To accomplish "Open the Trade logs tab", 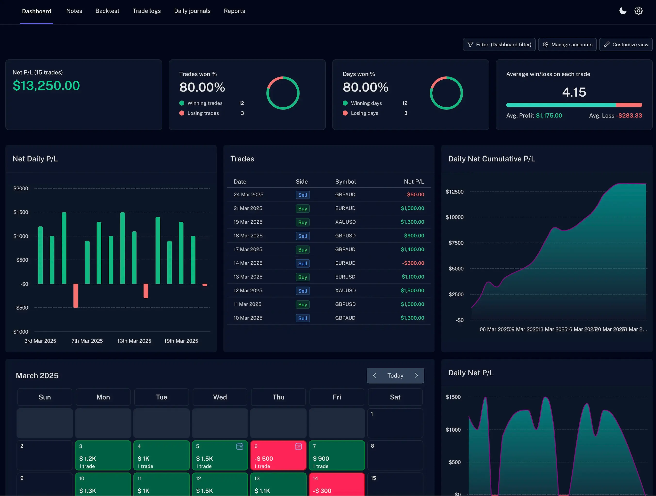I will click(x=146, y=11).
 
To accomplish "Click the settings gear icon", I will click(x=638, y=11).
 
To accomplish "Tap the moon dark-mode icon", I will click(x=623, y=11).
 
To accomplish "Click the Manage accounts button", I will click(x=567, y=44).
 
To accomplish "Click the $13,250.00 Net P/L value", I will click(x=46, y=86).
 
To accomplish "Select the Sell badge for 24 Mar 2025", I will click(x=302, y=195).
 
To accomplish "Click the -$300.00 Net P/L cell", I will click(x=413, y=263).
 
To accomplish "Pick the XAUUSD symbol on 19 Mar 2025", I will click(x=345, y=222).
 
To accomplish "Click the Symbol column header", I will click(x=345, y=182).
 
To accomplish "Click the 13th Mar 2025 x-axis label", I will click(x=134, y=341).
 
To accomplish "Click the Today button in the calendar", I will click(x=395, y=376).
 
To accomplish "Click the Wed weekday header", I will click(x=220, y=397).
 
